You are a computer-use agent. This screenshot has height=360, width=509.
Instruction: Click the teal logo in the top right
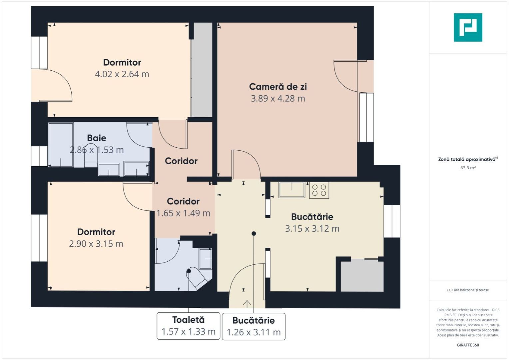(468, 27)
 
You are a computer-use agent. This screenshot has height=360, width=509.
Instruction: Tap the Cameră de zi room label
(278, 87)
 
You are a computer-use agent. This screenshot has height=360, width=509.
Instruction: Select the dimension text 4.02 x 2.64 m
(122, 74)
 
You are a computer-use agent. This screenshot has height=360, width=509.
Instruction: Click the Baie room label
(97, 138)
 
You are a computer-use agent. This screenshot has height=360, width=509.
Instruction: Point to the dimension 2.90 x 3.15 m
(96, 244)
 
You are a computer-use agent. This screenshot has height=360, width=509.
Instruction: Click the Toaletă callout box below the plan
(188, 326)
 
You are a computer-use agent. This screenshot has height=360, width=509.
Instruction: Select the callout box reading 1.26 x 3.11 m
(254, 327)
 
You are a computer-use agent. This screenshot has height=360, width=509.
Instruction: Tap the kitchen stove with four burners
(319, 190)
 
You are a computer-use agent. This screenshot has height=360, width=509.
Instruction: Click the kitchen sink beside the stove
(292, 190)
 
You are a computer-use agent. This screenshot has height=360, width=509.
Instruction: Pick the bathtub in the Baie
(61, 145)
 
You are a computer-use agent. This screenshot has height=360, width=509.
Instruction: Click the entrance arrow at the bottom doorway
(247, 304)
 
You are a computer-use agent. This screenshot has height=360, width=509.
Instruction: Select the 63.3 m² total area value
(468, 168)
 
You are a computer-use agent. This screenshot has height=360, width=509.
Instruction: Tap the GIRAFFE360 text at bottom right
(468, 345)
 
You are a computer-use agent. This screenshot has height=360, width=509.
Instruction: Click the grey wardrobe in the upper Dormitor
(202, 70)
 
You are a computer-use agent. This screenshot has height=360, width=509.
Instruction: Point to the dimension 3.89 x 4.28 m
(278, 99)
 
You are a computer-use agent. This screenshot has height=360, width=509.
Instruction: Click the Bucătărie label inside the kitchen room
(312, 217)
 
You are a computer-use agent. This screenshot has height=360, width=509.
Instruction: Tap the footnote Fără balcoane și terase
(468, 290)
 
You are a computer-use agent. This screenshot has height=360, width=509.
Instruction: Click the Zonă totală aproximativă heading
(467, 159)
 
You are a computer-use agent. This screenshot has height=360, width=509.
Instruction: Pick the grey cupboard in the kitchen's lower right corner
(362, 276)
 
